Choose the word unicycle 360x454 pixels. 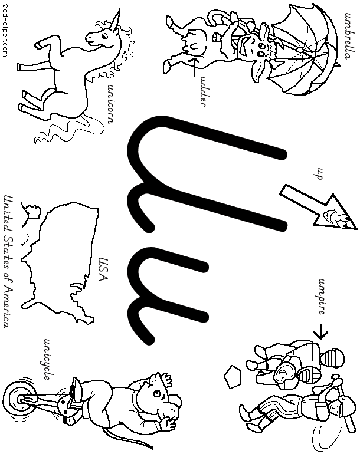48,359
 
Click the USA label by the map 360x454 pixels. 103,269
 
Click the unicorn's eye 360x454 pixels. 104,35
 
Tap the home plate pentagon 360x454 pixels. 232,377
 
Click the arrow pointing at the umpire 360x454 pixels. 321,331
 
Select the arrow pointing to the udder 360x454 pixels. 194,67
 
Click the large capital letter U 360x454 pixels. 207,174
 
